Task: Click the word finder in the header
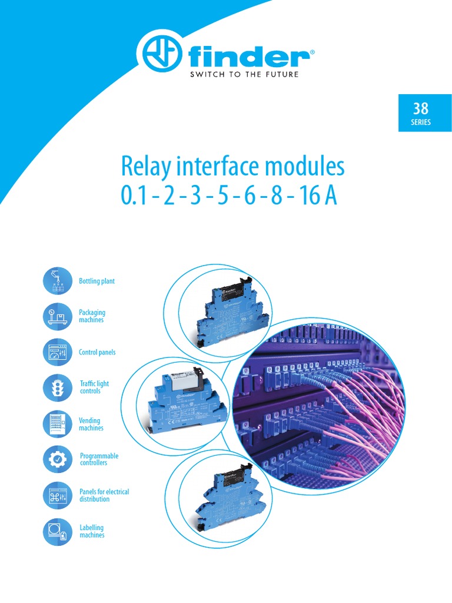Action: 250,58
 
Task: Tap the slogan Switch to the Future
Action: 244,75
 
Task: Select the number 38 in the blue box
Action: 421,108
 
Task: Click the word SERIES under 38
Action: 421,122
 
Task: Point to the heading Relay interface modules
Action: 232,167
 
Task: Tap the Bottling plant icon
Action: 58,280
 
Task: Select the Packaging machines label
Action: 92,316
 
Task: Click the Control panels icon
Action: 58,352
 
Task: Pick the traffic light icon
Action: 58,387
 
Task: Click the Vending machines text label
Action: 91,424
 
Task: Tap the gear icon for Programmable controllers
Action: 58,459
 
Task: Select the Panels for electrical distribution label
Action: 104,495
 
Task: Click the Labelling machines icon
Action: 58,531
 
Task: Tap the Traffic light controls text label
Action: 94,387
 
